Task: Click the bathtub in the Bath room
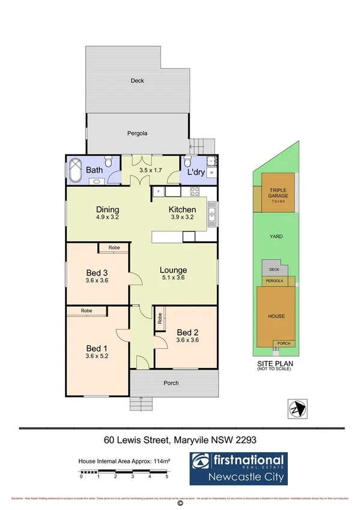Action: pos(76,170)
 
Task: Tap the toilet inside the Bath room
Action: pos(108,161)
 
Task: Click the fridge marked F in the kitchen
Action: pos(158,192)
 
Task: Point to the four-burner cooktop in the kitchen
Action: pos(195,192)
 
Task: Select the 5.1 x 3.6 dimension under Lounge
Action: pos(173,278)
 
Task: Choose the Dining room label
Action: pos(108,210)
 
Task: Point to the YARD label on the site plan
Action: pos(276,237)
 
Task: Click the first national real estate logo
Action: pos(238,469)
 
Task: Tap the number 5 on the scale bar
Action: pos(166,476)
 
